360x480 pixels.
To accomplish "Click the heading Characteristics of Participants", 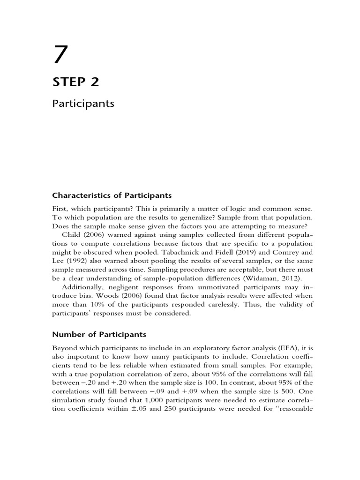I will [112, 195].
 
